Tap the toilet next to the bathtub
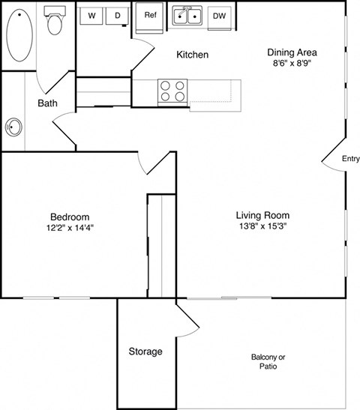pos(54,22)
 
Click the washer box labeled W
pos(92,16)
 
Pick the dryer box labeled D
pos(117,16)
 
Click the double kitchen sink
pos(187,16)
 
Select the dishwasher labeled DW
pos(220,16)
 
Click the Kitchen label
pos(192,55)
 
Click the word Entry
pos(350,159)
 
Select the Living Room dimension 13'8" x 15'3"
pos(262,226)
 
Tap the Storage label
pos(145,352)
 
